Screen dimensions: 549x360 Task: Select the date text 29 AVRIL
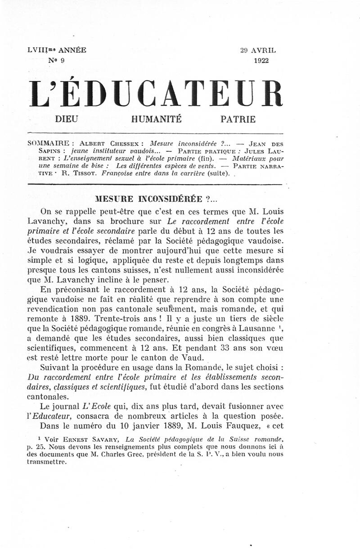click(259, 50)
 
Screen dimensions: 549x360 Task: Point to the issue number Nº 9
click(57, 60)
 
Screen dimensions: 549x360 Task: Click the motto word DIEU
click(66, 119)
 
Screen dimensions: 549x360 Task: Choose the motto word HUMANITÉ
click(156, 119)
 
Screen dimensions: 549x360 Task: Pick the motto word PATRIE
click(238, 119)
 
